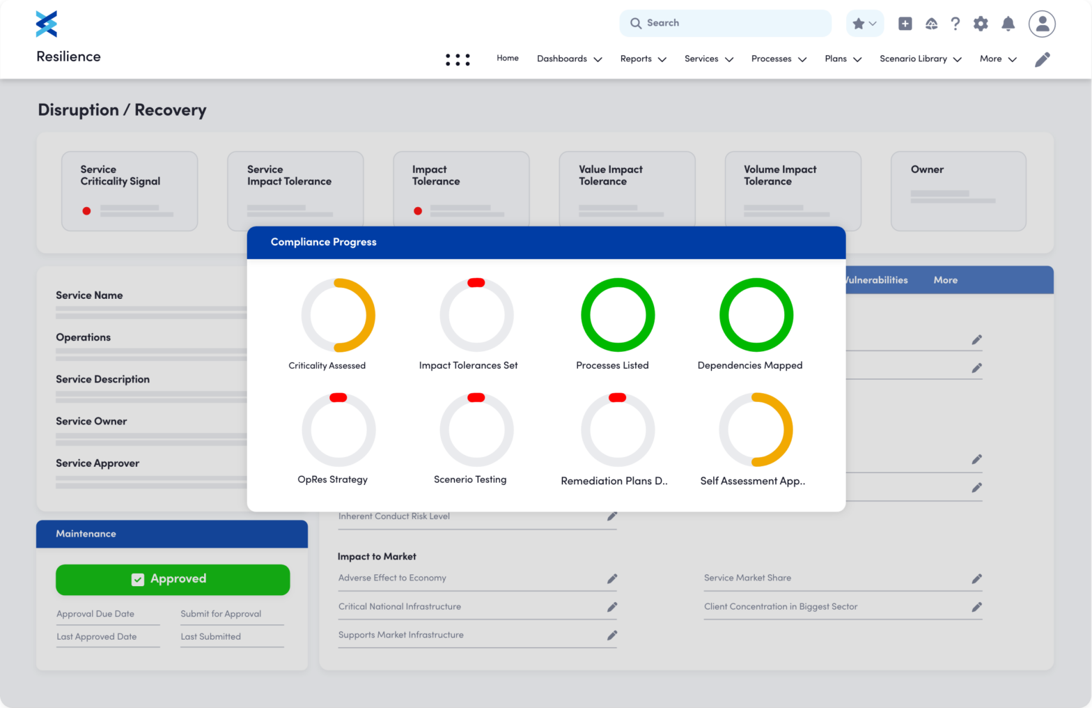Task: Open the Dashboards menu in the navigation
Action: pos(569,59)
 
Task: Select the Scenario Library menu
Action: pos(920,59)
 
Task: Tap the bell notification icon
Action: pos(1008,24)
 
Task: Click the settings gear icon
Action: pos(981,24)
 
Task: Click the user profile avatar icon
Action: pos(1042,24)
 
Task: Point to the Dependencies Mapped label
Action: pos(749,365)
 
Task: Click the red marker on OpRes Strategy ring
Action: pos(338,397)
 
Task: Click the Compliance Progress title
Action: pos(323,242)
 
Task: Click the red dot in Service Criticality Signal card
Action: pos(86,210)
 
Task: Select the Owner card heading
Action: pos(927,169)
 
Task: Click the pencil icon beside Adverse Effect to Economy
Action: pos(612,578)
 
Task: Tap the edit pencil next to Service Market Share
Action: pos(977,578)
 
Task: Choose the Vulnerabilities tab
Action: pos(876,280)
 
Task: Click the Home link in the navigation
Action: pos(507,58)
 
